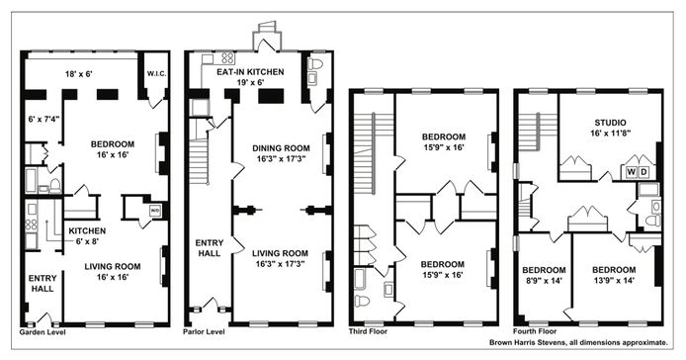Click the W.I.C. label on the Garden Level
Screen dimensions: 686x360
[x=156, y=73]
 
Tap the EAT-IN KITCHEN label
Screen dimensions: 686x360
[x=250, y=72]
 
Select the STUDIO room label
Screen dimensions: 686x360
[x=610, y=123]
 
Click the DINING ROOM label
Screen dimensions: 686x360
[x=281, y=148]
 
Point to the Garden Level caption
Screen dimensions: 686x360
[x=43, y=332]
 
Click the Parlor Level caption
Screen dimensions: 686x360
[x=204, y=332]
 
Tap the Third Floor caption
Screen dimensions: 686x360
[x=368, y=331]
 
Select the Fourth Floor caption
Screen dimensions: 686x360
[x=535, y=331]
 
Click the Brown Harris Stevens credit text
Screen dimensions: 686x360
[x=578, y=342]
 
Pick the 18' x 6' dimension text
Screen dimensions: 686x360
[x=79, y=74]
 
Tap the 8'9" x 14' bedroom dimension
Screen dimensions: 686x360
[x=544, y=281]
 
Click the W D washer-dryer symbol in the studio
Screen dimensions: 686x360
[x=637, y=172]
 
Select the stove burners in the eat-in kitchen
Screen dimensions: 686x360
[x=227, y=58]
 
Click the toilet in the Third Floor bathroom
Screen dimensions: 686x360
[x=362, y=302]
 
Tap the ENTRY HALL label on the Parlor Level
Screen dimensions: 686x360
[x=210, y=248]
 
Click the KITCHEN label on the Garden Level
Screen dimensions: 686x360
[x=87, y=230]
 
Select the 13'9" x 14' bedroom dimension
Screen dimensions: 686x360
[x=614, y=281]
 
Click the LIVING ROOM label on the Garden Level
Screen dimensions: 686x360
[x=113, y=266]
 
